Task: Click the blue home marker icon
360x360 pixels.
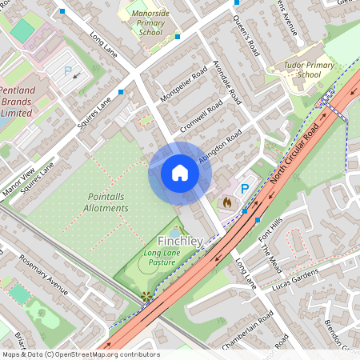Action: pyautogui.click(x=180, y=173)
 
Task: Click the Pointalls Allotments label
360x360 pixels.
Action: pyautogui.click(x=106, y=202)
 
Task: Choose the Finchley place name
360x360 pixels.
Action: pyautogui.click(x=180, y=241)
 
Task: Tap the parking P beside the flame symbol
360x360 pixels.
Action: pyautogui.click(x=246, y=189)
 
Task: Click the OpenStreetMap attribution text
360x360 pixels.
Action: pyautogui.click(x=80, y=354)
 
